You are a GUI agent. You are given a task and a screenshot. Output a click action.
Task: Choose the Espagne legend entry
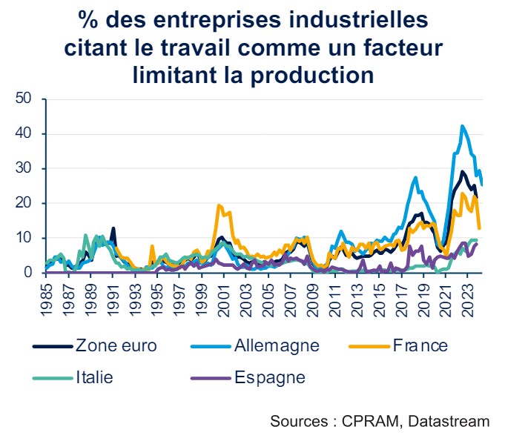click(x=271, y=377)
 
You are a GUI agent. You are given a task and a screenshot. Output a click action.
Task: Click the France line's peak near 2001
click(x=219, y=205)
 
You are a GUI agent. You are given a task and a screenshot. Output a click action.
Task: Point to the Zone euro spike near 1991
click(x=113, y=228)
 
